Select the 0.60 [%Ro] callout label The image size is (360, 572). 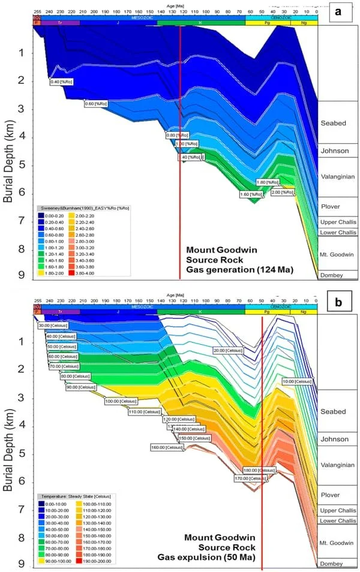96,104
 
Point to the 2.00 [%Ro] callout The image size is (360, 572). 282,192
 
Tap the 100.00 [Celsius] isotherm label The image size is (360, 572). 119,401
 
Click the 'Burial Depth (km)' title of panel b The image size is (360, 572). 8,440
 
